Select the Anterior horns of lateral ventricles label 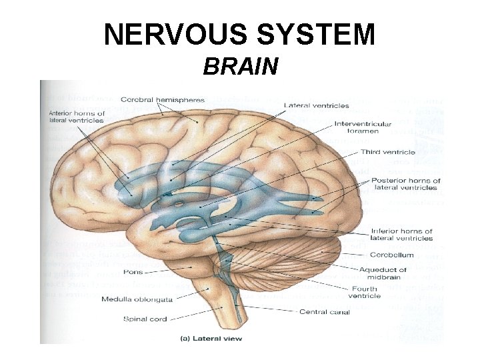point(77,117)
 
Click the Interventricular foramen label point(362,127)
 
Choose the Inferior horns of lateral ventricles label point(401,235)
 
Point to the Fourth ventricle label point(364,291)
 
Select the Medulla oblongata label point(130,299)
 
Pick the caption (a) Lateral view point(213,338)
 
